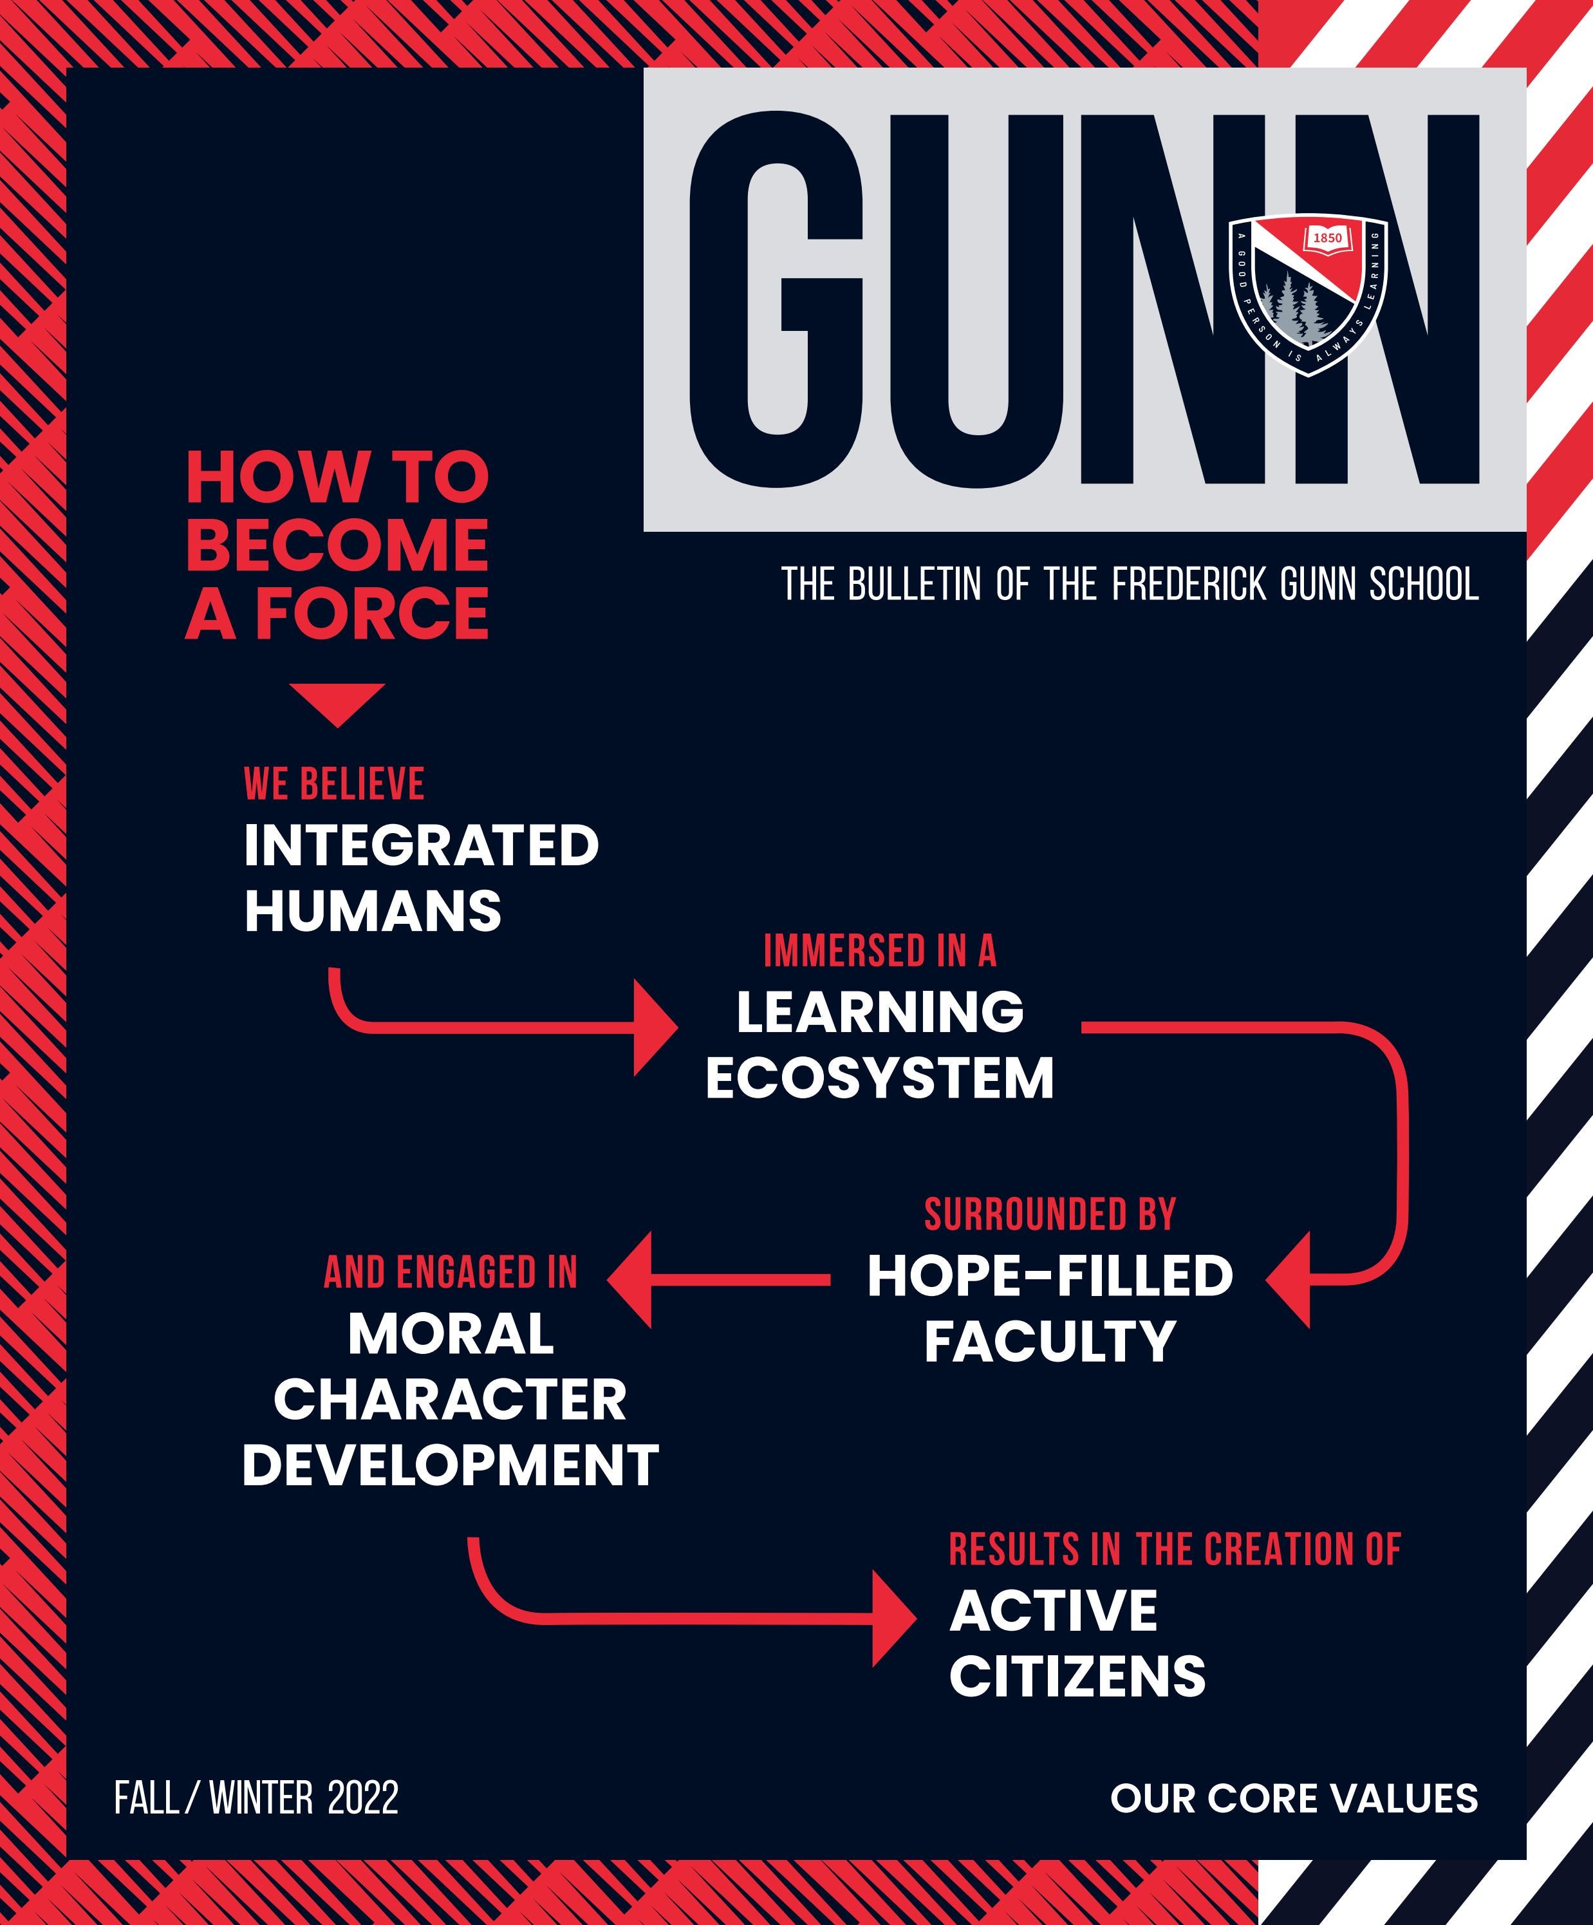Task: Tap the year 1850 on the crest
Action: (1327, 238)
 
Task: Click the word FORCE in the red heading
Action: (371, 614)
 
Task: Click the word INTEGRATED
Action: (421, 845)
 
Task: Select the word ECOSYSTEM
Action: (880, 1077)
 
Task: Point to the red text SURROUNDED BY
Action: (1050, 1215)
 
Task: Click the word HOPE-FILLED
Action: (1050, 1276)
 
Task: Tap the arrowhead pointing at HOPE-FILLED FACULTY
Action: (1288, 1280)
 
